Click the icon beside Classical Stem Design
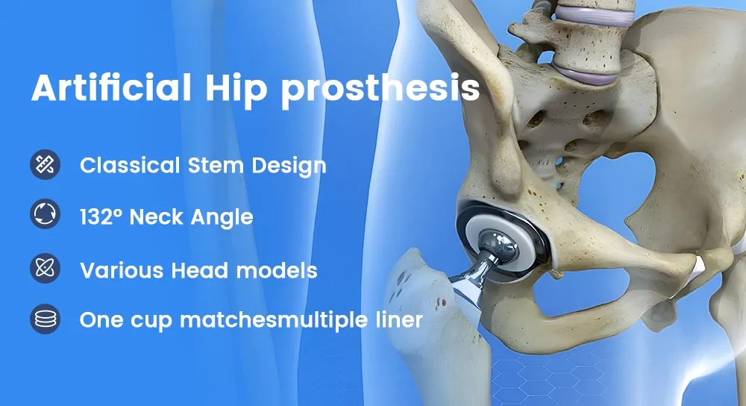pyautogui.click(x=45, y=164)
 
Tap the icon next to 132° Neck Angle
pyautogui.click(x=45, y=216)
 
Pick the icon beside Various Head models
pyautogui.click(x=45, y=268)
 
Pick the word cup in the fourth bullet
pyautogui.click(x=148, y=322)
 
